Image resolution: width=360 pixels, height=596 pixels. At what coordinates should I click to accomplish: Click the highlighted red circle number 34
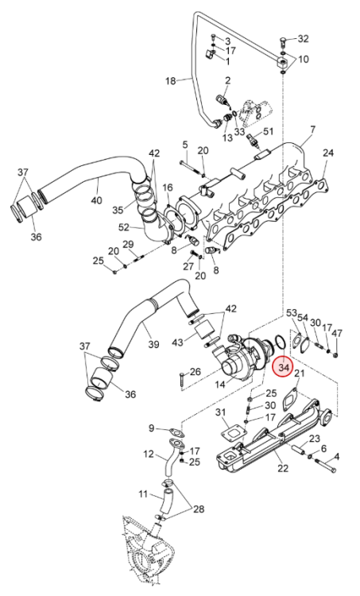[283, 367]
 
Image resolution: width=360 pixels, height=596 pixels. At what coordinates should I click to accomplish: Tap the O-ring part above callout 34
[280, 342]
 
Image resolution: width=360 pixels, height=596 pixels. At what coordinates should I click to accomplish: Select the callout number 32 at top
[303, 39]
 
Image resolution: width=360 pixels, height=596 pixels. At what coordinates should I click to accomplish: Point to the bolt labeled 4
[325, 465]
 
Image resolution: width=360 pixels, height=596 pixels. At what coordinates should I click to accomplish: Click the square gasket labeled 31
[233, 435]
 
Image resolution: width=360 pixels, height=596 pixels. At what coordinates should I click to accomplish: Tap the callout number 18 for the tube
[171, 81]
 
